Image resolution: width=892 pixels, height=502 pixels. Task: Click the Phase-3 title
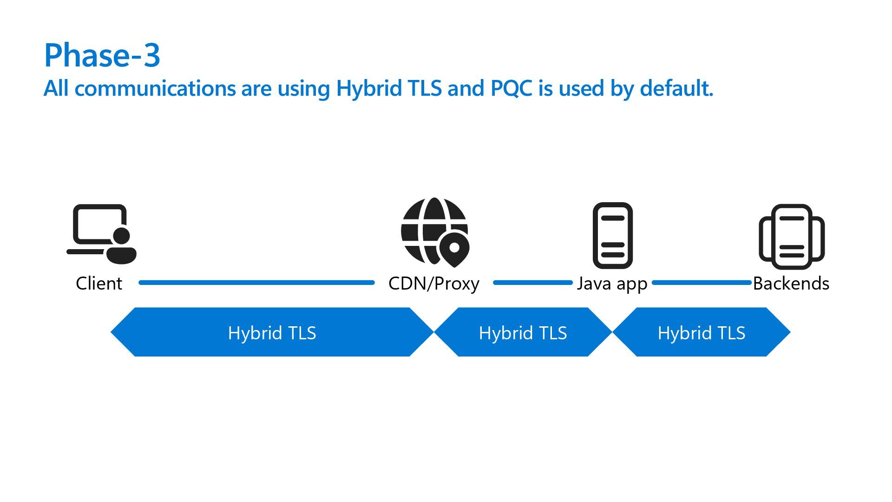click(102, 55)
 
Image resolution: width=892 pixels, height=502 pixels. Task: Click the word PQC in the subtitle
click(511, 88)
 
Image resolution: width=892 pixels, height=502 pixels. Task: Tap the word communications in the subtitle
click(155, 88)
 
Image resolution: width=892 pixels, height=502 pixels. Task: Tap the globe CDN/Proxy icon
click(427, 228)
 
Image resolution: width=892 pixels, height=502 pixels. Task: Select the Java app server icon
click(612, 235)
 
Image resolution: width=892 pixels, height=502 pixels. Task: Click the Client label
click(99, 283)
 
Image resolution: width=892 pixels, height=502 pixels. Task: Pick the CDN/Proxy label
click(433, 283)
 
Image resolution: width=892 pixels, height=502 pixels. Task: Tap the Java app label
click(612, 283)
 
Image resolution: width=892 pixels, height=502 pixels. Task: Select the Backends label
click(791, 283)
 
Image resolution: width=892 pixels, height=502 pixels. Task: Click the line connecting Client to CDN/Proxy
click(256, 283)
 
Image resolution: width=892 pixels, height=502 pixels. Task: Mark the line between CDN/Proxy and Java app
click(532, 283)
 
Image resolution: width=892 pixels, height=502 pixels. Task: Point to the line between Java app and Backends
click(702, 283)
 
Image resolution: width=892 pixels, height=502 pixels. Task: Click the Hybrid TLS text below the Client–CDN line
click(272, 333)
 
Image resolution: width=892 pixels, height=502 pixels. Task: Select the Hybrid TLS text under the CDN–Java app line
click(523, 333)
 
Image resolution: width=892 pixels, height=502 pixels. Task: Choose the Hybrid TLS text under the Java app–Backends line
click(701, 333)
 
